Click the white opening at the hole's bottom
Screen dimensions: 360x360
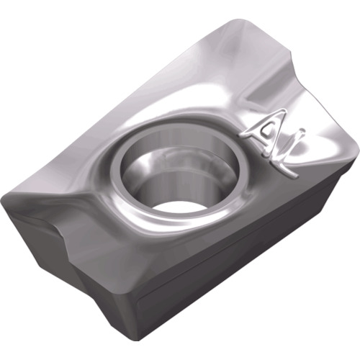pyautogui.click(x=176, y=206)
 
